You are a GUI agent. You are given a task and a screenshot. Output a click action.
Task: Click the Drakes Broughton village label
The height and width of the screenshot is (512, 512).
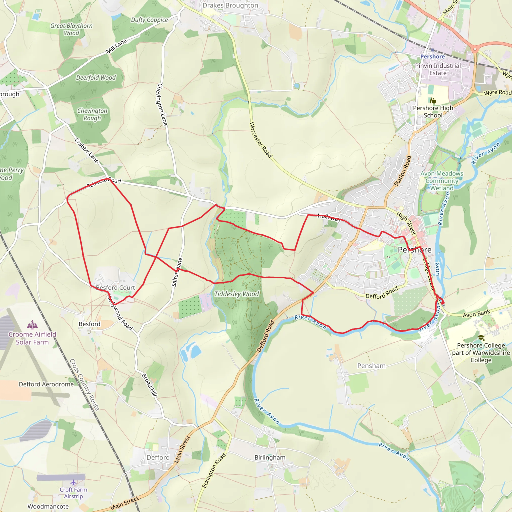[230, 5]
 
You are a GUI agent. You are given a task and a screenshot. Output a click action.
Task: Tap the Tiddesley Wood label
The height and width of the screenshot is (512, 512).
[236, 294]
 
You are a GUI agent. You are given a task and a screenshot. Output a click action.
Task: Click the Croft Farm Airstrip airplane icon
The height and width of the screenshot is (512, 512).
[73, 482]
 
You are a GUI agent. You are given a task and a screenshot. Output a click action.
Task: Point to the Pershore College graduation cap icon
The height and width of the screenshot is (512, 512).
[481, 338]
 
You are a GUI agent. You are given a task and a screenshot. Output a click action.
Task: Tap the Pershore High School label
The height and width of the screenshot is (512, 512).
[433, 111]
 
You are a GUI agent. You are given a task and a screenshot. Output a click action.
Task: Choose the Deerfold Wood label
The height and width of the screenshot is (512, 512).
[96, 78]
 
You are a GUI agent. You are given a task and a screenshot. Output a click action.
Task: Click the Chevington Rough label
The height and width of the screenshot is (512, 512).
[92, 114]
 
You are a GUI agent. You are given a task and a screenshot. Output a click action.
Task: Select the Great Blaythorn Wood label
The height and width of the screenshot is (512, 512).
[71, 29]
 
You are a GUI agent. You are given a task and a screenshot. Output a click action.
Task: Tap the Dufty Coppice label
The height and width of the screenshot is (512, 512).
[149, 20]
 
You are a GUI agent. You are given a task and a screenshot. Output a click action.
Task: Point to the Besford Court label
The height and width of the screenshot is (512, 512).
[115, 287]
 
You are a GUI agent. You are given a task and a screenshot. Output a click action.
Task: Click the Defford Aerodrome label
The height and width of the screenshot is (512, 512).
[46, 384]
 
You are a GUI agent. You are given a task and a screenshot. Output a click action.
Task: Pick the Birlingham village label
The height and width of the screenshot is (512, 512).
[270, 458]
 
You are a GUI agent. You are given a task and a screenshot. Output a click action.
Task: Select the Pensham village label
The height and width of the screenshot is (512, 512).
[371, 366]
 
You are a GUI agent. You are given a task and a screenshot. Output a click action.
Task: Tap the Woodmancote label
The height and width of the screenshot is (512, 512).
[48, 506]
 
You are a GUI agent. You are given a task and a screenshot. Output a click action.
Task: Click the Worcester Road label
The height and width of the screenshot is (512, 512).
[261, 140]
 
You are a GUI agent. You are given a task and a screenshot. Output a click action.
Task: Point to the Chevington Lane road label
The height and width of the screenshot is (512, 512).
[162, 104]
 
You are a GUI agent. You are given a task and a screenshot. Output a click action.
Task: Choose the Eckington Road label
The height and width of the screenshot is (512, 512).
[214, 471]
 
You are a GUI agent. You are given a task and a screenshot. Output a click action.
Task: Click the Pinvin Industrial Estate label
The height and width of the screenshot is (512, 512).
[438, 69]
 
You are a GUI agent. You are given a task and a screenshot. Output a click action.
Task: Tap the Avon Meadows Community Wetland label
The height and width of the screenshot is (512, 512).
[442, 181]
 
